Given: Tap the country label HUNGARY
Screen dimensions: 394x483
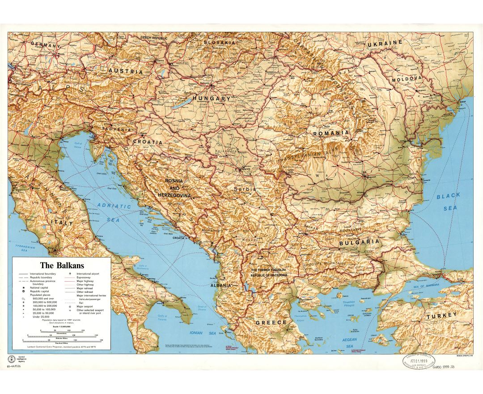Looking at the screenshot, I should point(212,98).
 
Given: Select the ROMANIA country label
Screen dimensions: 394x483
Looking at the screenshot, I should point(330,133).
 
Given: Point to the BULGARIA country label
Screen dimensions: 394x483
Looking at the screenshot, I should point(359,242).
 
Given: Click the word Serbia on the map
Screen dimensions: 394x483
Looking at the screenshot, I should point(245,189).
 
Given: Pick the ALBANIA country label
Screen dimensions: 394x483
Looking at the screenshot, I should point(221,285).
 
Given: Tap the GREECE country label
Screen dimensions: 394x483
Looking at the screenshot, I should point(271,322).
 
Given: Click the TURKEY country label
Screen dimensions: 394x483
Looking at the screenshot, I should point(441,316).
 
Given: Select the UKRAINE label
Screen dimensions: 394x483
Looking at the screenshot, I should point(385,43).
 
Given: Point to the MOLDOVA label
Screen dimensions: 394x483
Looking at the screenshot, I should point(407,79).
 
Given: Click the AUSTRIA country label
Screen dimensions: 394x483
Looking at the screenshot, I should point(126,71).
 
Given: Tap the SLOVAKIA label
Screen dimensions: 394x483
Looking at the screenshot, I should point(219,43).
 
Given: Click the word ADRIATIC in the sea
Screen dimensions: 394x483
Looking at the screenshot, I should point(114,206).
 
